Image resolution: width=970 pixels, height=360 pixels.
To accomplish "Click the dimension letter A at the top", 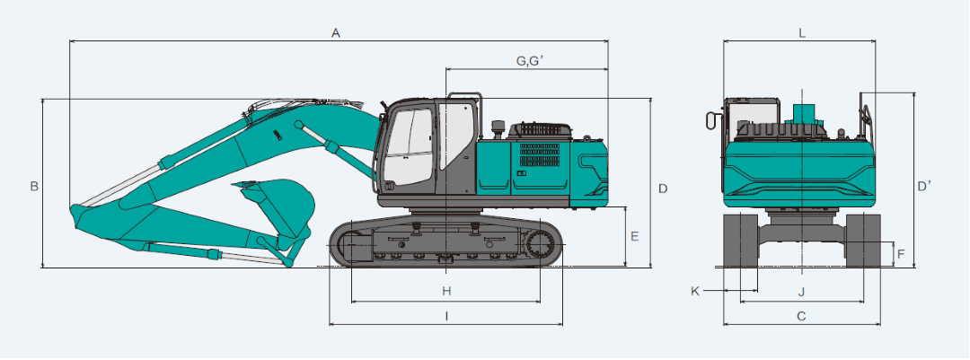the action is (336, 33).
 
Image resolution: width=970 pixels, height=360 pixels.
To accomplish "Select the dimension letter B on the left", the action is (35, 186).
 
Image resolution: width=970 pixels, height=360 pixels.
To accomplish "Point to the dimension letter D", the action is (663, 188).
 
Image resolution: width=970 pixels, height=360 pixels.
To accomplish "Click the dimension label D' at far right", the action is (924, 186).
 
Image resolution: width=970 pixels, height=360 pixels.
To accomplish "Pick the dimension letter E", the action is (634, 236).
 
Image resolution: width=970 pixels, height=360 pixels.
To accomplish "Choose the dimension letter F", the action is (902, 253).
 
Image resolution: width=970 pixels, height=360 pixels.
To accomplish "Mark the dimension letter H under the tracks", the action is (446, 291).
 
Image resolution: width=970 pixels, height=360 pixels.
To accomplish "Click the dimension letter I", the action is (446, 316).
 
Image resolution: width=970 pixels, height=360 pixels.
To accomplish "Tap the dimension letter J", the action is (801, 292).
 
